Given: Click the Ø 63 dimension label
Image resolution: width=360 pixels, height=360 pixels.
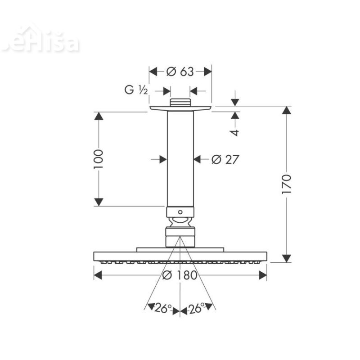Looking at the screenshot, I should (x=180, y=72).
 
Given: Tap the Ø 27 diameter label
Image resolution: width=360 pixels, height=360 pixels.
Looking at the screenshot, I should (x=225, y=159).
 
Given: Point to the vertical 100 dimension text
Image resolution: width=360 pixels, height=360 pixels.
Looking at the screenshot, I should (x=99, y=159).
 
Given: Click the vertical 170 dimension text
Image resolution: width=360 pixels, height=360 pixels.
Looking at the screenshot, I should (x=287, y=184).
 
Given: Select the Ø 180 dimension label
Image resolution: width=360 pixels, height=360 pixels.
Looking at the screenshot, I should (x=180, y=275).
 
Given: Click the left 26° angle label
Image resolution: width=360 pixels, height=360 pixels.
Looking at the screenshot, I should (x=163, y=308).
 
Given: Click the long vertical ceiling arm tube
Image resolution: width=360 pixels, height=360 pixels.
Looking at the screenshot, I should (x=180, y=157).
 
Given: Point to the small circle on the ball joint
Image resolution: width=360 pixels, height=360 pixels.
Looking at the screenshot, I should (x=180, y=211).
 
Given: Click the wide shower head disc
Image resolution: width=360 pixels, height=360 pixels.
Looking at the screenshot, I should (x=180, y=256).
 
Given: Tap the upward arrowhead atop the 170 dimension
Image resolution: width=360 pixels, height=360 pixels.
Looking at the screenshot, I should (x=287, y=111).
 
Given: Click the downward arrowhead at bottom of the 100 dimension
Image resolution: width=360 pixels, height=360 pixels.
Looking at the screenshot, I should (x=99, y=202).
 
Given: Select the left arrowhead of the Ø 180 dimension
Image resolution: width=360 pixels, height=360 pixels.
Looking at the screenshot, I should (x=98, y=275).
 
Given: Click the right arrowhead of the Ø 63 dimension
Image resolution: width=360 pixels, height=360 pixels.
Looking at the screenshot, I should (x=207, y=72).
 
